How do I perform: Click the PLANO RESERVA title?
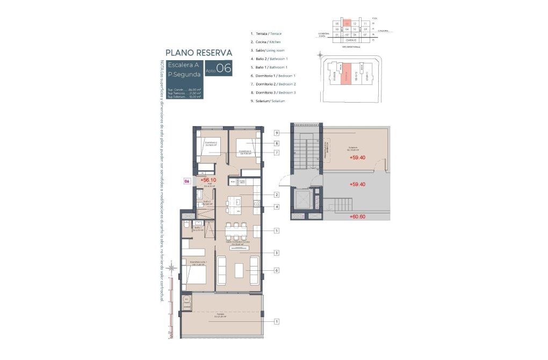[199, 53]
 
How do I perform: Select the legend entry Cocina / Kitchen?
[266, 41]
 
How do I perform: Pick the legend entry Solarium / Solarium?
[268, 101]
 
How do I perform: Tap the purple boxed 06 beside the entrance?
[187, 182]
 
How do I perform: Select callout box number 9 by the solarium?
[276, 133]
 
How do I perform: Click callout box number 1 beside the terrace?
[276, 321]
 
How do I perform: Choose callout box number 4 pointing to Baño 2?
[276, 207]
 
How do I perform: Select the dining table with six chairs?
[236, 231]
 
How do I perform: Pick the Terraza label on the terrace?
[220, 315]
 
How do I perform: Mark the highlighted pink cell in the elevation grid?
[347, 24]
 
